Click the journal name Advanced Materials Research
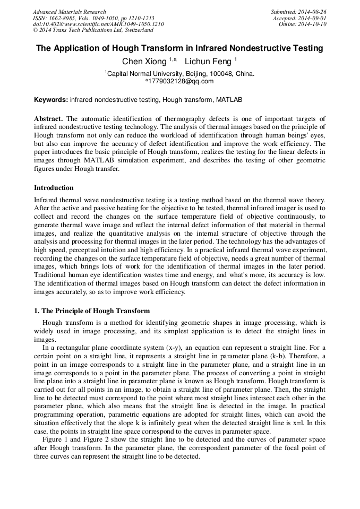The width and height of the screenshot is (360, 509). [x=70, y=12]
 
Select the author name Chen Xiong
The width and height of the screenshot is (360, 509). [x=144, y=62]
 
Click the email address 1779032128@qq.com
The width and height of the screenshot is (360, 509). [x=181, y=81]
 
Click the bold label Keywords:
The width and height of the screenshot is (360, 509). [x=51, y=100]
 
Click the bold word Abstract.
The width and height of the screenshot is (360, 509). [x=48, y=118]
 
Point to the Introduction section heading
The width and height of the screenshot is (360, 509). [x=54, y=187]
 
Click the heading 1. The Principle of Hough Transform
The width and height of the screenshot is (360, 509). [x=92, y=310]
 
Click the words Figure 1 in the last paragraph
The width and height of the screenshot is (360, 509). [x=55, y=440]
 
